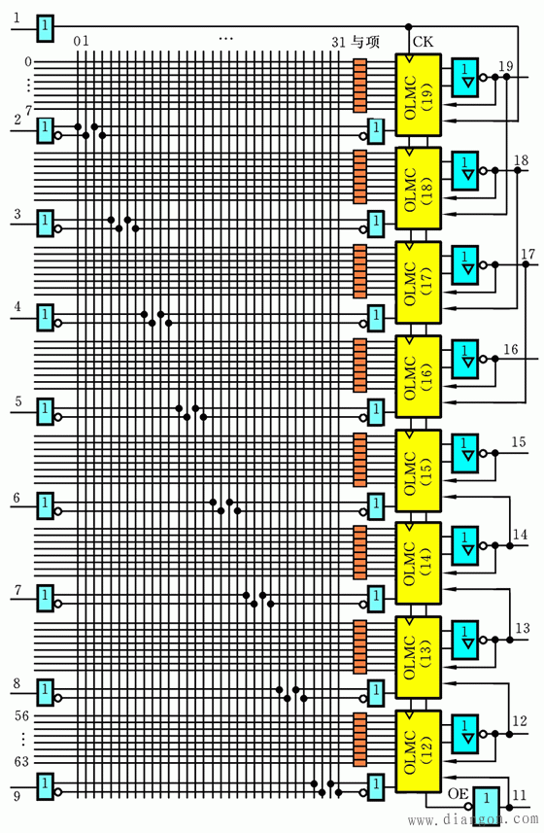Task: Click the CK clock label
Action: (423, 41)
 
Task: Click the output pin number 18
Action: (522, 159)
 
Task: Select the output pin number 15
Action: (519, 442)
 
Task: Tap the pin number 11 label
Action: (522, 795)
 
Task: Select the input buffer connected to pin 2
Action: (45, 128)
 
